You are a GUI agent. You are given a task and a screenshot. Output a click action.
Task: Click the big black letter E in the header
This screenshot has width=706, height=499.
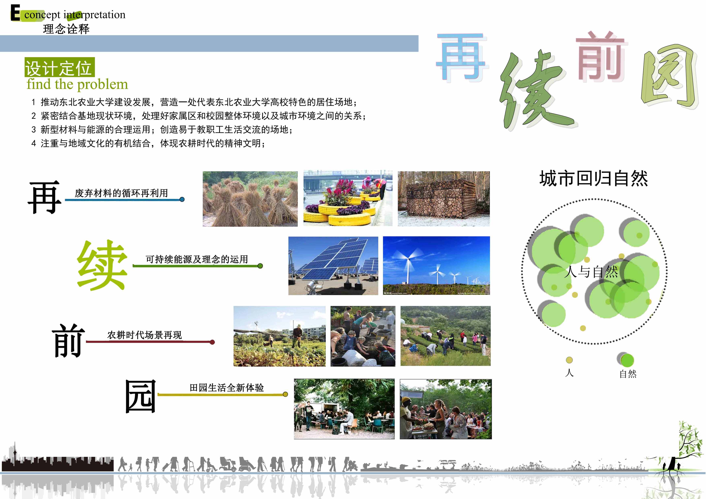[15, 13]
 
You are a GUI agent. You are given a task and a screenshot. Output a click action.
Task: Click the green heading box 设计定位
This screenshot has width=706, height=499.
[59, 67]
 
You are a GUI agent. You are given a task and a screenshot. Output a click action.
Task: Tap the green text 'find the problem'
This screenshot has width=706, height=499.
[77, 84]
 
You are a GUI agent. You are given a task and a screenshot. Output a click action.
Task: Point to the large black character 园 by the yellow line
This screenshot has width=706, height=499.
[140, 396]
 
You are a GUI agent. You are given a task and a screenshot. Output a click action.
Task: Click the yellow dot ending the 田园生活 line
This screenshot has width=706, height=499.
[285, 394]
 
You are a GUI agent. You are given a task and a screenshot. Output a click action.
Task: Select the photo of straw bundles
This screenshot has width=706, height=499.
[250, 199]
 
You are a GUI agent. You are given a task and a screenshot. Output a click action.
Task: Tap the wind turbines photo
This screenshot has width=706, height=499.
[436, 266]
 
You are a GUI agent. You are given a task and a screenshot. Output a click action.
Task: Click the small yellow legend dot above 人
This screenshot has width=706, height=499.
[569, 360]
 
